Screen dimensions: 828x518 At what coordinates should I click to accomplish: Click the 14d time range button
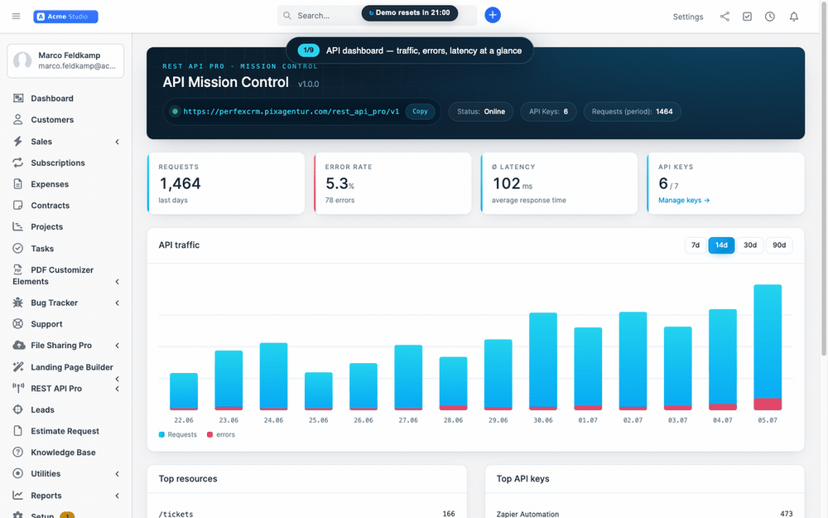(721, 245)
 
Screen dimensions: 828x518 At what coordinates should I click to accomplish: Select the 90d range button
(779, 245)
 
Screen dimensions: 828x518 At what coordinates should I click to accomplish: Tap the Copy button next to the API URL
(420, 112)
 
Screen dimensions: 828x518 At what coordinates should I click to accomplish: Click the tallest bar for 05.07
(768, 347)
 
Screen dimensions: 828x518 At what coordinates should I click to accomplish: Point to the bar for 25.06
(319, 391)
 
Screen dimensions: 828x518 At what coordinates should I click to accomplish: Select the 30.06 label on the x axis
(543, 420)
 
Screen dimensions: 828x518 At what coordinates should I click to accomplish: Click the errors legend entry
(221, 434)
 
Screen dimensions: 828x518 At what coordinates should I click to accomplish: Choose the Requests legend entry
(177, 434)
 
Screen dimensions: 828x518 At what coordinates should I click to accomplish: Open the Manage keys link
(684, 201)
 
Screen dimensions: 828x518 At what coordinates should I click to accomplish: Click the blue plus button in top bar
(493, 15)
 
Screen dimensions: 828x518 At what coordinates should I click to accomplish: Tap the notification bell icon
(794, 17)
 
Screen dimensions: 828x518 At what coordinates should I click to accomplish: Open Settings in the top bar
(687, 17)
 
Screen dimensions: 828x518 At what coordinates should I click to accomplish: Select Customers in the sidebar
(52, 120)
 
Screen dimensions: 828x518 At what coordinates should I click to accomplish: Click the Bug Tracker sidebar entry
(55, 303)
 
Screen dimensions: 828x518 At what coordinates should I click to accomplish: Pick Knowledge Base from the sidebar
(64, 453)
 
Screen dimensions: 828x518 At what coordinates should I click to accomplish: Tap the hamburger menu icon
(17, 17)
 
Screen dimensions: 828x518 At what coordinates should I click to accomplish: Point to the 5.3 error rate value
(336, 183)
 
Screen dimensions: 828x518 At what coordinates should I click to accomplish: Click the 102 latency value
(507, 183)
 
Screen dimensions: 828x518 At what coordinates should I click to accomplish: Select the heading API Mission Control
(225, 82)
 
